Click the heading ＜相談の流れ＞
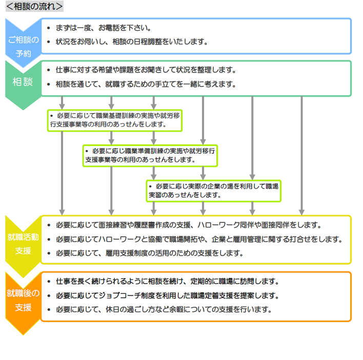(34, 6)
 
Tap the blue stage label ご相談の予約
(23, 46)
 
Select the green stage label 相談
(23, 82)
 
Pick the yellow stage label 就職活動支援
(23, 243)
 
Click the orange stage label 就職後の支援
(23, 300)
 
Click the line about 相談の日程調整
(131, 41)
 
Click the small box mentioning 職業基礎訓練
(115, 120)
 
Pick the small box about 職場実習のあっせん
(213, 190)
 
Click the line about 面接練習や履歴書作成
(188, 225)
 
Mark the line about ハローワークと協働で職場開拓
(198, 239)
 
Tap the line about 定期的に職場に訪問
(167, 281)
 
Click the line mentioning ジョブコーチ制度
(167, 295)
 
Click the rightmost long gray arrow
(301, 154)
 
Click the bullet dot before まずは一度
(48, 28)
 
